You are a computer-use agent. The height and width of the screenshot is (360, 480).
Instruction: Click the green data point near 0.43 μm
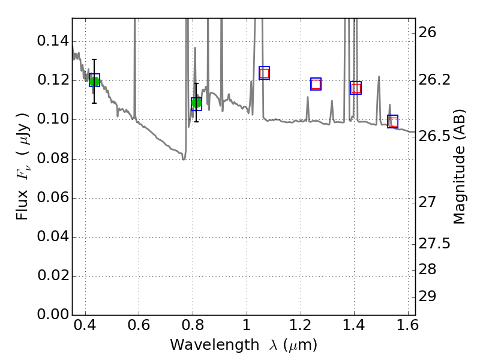tap(94, 81)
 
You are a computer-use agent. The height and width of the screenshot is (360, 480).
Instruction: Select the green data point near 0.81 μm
tap(196, 103)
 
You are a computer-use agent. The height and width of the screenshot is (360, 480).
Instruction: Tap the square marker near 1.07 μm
tap(264, 73)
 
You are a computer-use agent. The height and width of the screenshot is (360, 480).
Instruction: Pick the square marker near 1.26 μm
tap(316, 84)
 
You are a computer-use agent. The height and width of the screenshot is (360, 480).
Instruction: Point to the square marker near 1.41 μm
tap(356, 88)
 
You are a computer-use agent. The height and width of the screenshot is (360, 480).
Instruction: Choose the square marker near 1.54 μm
tap(393, 122)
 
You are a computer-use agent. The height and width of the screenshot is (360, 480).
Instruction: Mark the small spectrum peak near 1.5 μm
tap(379, 77)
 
